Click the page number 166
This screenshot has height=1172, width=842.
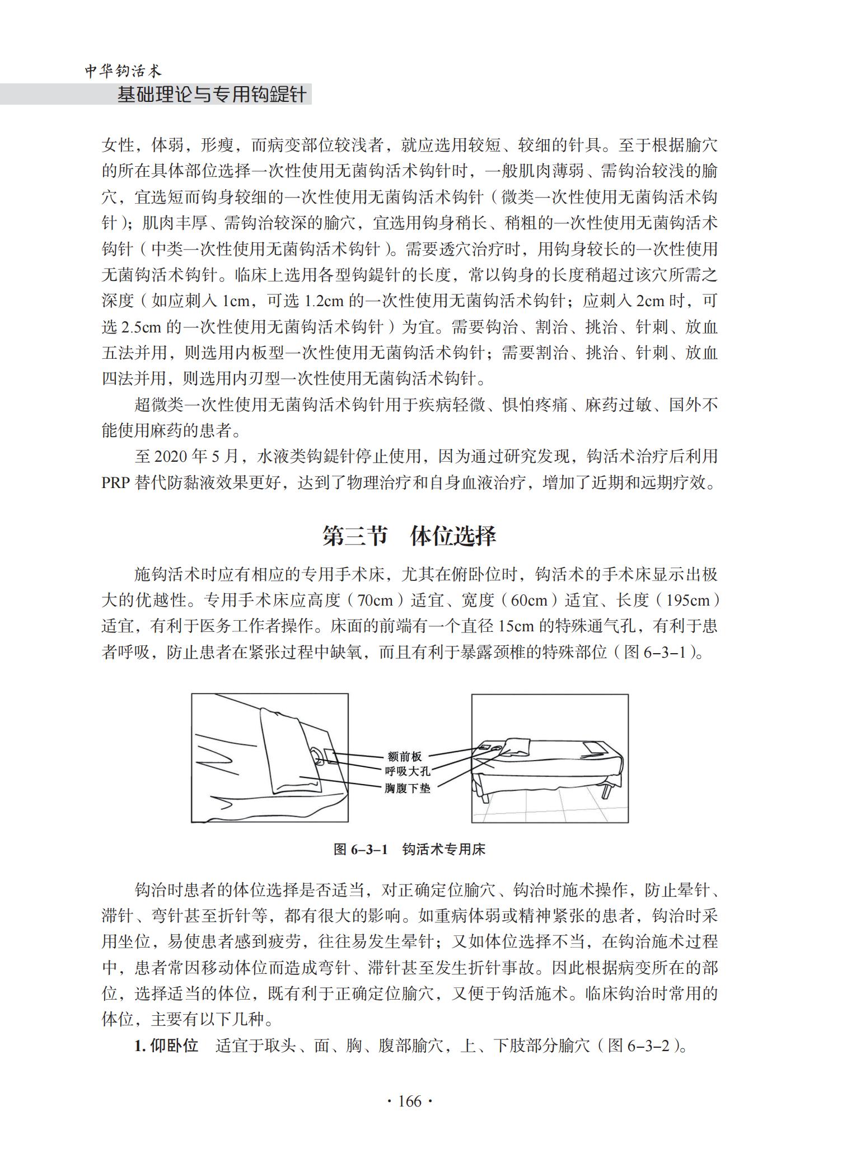(409, 1101)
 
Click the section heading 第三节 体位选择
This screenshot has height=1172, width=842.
(409, 536)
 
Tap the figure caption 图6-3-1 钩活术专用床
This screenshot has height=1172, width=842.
(409, 849)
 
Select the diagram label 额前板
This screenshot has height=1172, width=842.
(404, 757)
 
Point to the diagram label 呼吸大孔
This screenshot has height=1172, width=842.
(408, 772)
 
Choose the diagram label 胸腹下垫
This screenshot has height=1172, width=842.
(408, 788)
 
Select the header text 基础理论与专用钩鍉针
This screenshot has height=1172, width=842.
(212, 95)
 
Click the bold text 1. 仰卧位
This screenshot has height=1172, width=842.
(167, 1046)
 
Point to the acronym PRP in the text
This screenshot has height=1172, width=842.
(115, 482)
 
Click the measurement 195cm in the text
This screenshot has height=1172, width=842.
(689, 601)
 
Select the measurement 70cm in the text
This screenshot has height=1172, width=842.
(375, 601)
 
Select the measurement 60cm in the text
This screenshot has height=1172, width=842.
(529, 601)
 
